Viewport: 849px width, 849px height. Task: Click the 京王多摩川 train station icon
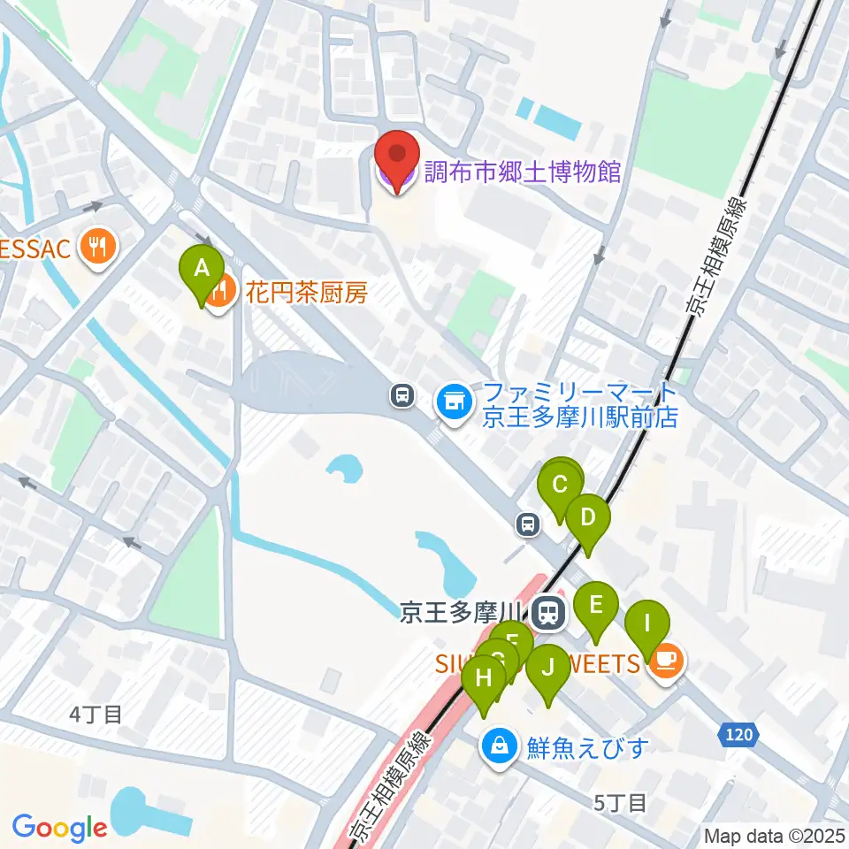[549, 613]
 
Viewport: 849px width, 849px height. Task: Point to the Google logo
[59, 827]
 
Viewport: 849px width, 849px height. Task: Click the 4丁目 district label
[96, 713]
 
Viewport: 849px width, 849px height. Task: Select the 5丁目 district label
[621, 803]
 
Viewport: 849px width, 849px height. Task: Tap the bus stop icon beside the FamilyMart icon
[402, 395]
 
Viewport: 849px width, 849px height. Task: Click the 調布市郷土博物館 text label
[522, 171]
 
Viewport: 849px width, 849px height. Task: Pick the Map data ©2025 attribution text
[775, 835]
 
